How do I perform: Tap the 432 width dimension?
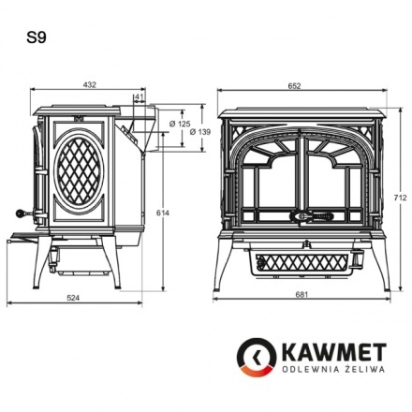coord(90,84)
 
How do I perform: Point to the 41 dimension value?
coord(140,96)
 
